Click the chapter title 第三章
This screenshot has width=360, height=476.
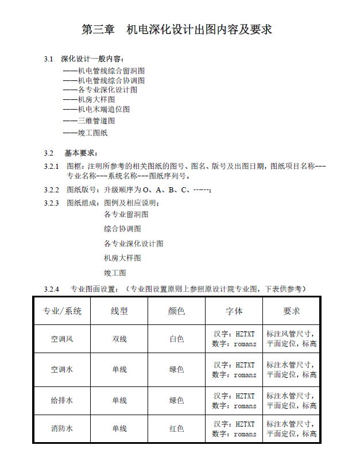(x=99, y=29)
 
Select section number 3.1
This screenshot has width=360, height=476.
(x=48, y=59)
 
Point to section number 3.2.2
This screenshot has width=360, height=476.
(x=51, y=189)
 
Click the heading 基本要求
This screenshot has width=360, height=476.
(x=80, y=153)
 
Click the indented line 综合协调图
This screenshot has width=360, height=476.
(x=122, y=229)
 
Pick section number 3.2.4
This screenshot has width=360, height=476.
(x=51, y=288)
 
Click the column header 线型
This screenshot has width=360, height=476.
(x=119, y=311)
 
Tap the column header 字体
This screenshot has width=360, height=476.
(x=234, y=311)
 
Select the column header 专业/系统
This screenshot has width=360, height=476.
(x=62, y=311)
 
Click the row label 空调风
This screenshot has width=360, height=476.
(x=62, y=339)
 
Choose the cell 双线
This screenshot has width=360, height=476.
(x=119, y=339)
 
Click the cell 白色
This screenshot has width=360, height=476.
(x=177, y=339)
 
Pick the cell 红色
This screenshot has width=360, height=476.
(x=177, y=428)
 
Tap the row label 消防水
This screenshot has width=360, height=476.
(x=62, y=428)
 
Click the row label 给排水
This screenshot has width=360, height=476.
(x=62, y=400)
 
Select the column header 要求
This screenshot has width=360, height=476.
(x=292, y=311)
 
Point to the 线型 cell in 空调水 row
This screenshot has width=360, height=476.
(x=119, y=369)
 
